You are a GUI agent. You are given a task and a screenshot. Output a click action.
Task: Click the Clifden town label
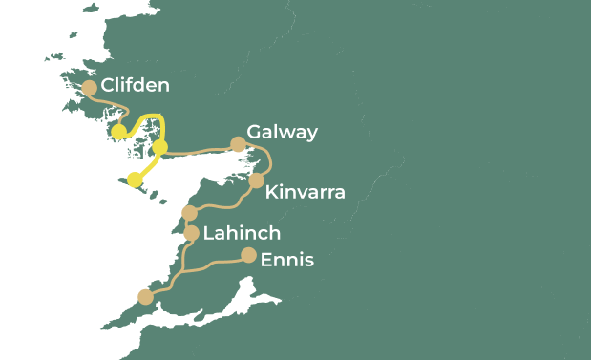135,86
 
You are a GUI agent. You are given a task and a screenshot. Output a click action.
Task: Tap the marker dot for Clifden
90,88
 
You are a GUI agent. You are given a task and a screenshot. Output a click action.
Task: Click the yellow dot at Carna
118,132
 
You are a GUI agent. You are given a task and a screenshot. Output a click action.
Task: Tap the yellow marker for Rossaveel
160,146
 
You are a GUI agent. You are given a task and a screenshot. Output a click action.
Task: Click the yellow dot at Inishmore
135,180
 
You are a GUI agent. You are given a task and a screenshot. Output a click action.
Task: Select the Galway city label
282,132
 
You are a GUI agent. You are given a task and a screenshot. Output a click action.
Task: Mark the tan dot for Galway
238,144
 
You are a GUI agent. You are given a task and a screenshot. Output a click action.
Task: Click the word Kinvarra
305,193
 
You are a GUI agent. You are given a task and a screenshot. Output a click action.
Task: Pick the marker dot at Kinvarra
256,180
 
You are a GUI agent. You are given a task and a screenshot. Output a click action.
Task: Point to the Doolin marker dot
189,212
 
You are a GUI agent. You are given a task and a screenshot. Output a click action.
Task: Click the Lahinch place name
242,233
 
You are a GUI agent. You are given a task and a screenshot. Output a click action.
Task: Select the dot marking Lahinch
191,233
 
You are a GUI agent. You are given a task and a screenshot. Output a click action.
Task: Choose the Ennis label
286,259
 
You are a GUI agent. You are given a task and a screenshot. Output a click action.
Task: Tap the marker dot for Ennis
248,255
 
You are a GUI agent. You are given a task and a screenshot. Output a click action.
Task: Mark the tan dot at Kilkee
145,297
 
